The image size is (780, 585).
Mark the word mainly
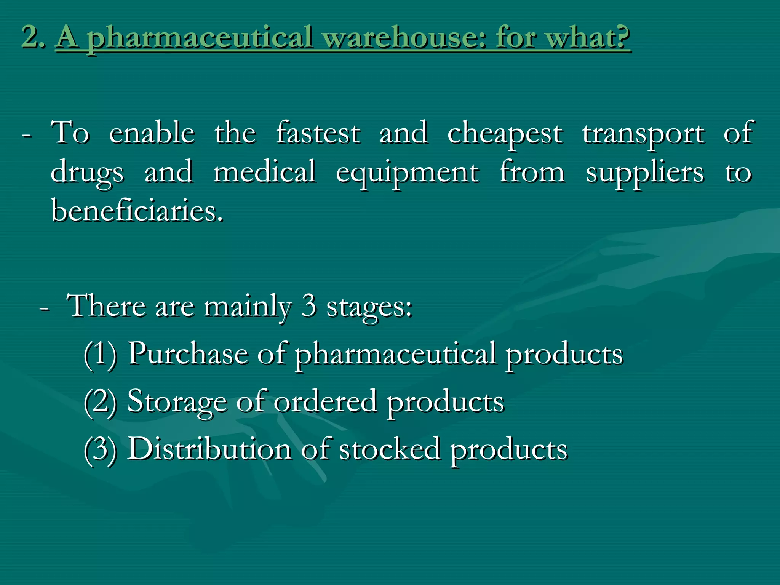pyautogui.click(x=248, y=307)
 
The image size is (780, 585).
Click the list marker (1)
pyautogui.click(x=100, y=354)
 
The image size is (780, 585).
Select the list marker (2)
pyautogui.click(x=100, y=402)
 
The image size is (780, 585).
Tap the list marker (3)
pyautogui.click(x=100, y=449)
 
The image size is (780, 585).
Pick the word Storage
pyautogui.click(x=177, y=402)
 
